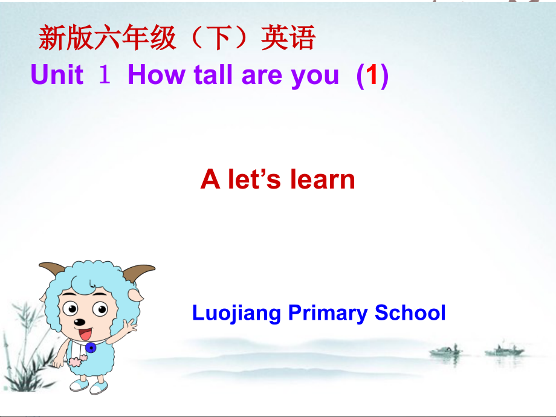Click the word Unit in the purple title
[x=57, y=74]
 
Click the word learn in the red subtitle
[x=322, y=179]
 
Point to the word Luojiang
[x=236, y=313]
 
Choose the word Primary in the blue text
[x=328, y=313]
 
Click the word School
[x=410, y=312]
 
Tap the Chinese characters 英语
[x=288, y=37]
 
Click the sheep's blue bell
[x=91, y=347]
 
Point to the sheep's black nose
[x=79, y=322]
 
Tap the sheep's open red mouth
[x=85, y=334]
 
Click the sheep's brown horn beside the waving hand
[x=138, y=273]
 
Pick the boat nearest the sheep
[x=445, y=351]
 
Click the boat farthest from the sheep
[x=504, y=351]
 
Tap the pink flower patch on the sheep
[x=77, y=361]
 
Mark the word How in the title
[x=157, y=74]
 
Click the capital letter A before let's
[x=210, y=179]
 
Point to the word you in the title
[x=314, y=77]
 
